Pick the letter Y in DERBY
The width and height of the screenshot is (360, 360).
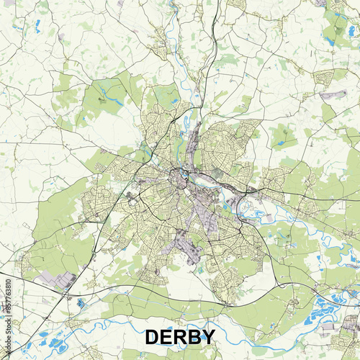pos(208,337)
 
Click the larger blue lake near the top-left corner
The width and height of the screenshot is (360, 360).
pos(36,28)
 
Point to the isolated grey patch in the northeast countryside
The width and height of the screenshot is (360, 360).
pos(332,94)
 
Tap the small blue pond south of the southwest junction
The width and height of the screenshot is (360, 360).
pos(80,303)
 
